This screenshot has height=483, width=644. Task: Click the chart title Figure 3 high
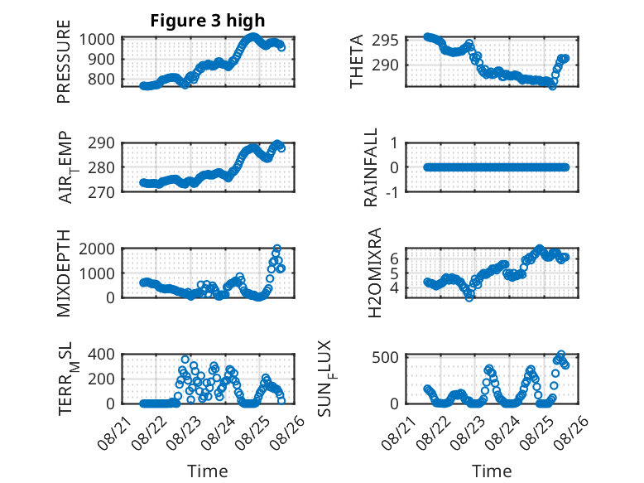tap(208, 21)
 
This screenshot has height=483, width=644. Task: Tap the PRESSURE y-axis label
tap(64, 61)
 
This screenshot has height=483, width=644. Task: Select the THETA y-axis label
tap(357, 61)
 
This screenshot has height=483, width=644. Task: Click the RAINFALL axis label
tap(371, 167)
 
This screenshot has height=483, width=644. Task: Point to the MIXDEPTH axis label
tap(64, 273)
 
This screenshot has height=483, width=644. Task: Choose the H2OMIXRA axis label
tap(375, 273)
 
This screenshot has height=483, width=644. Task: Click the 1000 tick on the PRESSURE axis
tap(97, 40)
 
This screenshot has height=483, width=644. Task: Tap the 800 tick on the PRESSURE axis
tap(101, 79)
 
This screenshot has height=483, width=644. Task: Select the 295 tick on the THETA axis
tap(385, 41)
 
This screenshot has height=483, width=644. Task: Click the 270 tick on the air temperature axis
tap(101, 192)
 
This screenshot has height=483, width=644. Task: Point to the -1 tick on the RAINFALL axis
tap(392, 192)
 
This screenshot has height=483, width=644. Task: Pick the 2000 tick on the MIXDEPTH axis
tap(97, 249)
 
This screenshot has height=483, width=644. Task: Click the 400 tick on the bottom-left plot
tap(101, 354)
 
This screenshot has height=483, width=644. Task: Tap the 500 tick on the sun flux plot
tap(385, 357)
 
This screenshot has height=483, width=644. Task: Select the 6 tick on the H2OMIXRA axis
tap(394, 258)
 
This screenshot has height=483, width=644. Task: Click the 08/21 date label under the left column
tap(115, 432)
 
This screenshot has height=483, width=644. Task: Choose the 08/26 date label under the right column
tap(573, 432)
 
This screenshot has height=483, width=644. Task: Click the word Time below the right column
tap(492, 471)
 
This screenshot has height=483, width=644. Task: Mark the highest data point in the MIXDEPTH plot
tap(277, 249)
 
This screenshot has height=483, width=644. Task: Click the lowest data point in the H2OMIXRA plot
tap(469, 297)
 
